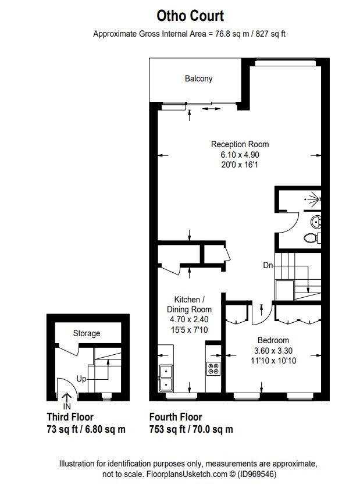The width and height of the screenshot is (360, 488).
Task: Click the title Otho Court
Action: pyautogui.click(x=189, y=16)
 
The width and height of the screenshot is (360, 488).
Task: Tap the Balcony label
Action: pyautogui.click(x=199, y=79)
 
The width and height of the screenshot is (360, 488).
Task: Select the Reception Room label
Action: pyautogui.click(x=240, y=144)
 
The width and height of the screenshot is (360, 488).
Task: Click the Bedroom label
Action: pyautogui.click(x=273, y=340)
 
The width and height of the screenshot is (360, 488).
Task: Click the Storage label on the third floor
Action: pyautogui.click(x=86, y=333)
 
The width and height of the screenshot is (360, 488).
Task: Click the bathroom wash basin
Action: pyautogui.click(x=315, y=221)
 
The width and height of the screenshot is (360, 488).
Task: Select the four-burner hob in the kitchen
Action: pyautogui.click(x=213, y=368)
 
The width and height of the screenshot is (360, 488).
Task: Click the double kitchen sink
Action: pyautogui.click(x=166, y=376)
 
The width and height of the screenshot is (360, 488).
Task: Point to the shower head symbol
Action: pyautogui.click(x=315, y=199)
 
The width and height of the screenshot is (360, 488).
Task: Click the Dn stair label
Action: pyautogui.click(x=268, y=265)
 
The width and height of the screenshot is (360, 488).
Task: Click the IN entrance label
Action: pyautogui.click(x=67, y=406)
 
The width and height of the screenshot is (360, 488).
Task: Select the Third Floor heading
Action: pyautogui.click(x=70, y=417)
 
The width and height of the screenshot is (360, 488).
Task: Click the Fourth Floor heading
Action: pyautogui.click(x=176, y=417)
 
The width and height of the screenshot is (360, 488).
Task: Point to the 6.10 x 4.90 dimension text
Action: pyautogui.click(x=240, y=155)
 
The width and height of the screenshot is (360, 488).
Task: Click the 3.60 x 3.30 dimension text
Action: pyautogui.click(x=273, y=351)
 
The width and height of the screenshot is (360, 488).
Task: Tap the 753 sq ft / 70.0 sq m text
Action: pyautogui.click(x=191, y=430)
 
